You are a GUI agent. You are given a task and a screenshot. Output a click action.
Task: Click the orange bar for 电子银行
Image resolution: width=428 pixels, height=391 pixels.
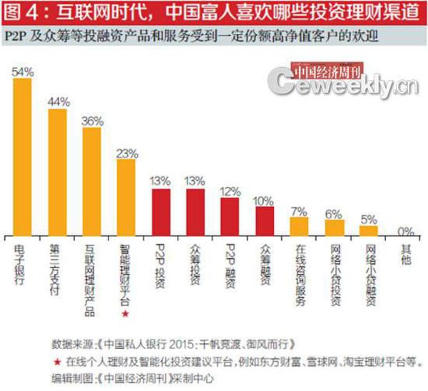[23, 157]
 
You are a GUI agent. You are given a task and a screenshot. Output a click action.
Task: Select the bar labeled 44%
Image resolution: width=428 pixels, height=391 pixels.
[57, 172]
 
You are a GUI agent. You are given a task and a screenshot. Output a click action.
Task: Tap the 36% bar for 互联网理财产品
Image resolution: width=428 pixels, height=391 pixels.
[91, 182]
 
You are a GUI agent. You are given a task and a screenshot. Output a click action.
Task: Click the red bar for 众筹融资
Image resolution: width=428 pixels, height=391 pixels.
[265, 220]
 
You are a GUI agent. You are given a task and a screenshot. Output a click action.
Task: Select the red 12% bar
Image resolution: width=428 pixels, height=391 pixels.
[230, 217]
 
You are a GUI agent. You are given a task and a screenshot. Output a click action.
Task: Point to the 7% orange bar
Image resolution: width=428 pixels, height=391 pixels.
[299, 226]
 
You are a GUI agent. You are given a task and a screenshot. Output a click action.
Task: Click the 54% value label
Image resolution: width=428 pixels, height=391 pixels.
[23, 72]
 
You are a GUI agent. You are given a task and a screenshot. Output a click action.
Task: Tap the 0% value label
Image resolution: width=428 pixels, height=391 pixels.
[405, 230]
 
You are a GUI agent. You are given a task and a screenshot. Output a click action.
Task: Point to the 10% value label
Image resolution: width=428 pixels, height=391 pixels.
[265, 201]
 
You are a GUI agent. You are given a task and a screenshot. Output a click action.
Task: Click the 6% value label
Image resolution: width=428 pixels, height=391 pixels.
[334, 213]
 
